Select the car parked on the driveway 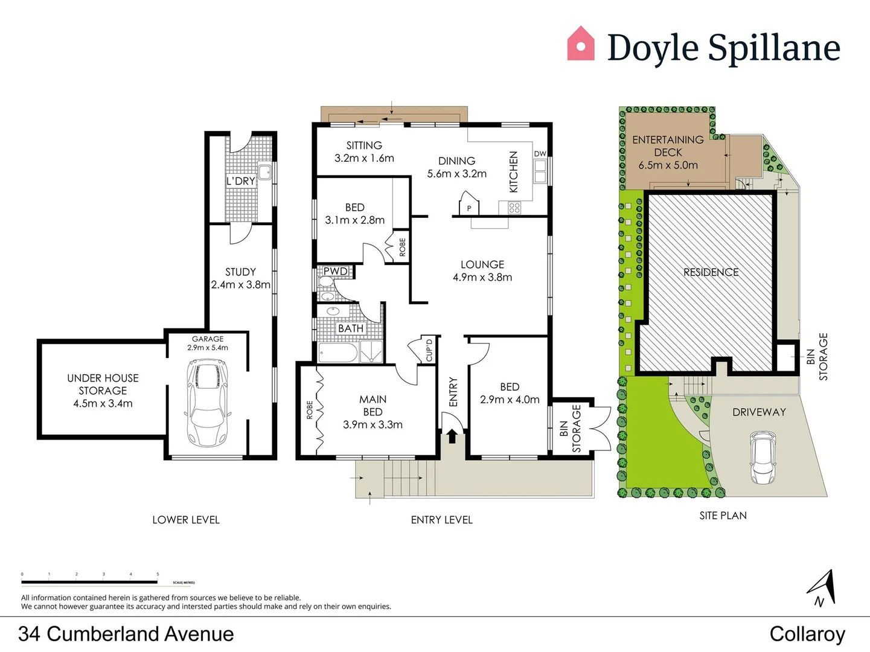click(763, 458)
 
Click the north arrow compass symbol click(823, 587)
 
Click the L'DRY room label click(240, 181)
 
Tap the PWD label click(335, 272)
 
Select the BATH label click(350, 328)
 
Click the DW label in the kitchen click(540, 154)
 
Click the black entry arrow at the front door click(452, 436)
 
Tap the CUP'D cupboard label click(429, 350)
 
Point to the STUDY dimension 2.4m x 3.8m click(240, 284)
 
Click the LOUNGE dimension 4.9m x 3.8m click(482, 278)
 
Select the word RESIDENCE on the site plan click(711, 272)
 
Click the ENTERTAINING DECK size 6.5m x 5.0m click(668, 165)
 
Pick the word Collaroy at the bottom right click(807, 634)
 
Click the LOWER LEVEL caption click(186, 520)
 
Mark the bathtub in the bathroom click(337, 353)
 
